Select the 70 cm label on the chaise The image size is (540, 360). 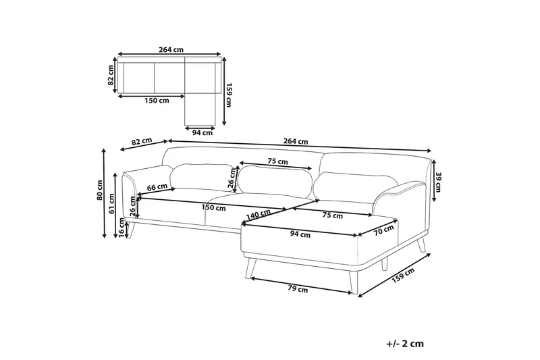383,230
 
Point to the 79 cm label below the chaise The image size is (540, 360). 298,290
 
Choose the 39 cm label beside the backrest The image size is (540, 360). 438,182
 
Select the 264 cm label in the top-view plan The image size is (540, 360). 171,49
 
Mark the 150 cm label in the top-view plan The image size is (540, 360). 157,101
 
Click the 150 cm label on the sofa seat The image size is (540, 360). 213,207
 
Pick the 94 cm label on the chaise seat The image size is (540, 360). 300,235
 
